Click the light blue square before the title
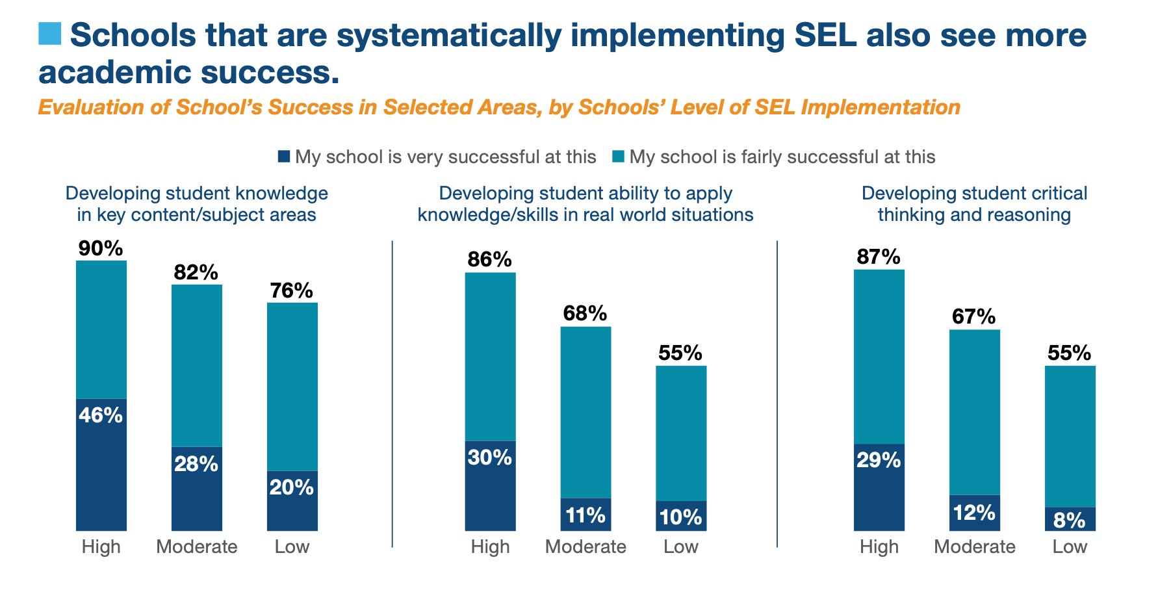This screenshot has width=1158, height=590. click(x=50, y=34)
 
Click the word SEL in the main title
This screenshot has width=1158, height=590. click(x=825, y=35)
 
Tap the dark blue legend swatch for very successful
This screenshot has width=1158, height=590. click(x=283, y=157)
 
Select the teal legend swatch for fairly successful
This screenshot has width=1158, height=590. click(x=618, y=157)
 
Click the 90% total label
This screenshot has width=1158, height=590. click(x=101, y=248)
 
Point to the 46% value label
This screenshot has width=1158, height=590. click(x=101, y=415)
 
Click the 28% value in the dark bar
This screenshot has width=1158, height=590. click(x=196, y=463)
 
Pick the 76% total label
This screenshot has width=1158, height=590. click(x=292, y=290)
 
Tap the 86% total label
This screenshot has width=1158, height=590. click(x=490, y=260)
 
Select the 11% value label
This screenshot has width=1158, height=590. click(x=585, y=515)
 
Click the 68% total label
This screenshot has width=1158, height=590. click(x=585, y=314)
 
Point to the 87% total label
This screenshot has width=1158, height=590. click(x=879, y=257)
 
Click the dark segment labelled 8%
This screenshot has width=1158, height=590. click(x=1070, y=520)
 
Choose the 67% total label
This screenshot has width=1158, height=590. click(x=974, y=317)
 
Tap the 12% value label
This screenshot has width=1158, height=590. click(x=974, y=513)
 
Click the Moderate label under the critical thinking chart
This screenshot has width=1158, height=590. click(x=974, y=546)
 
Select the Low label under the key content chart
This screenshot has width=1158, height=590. click(x=292, y=546)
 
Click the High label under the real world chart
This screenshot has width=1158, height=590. click(x=490, y=546)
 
